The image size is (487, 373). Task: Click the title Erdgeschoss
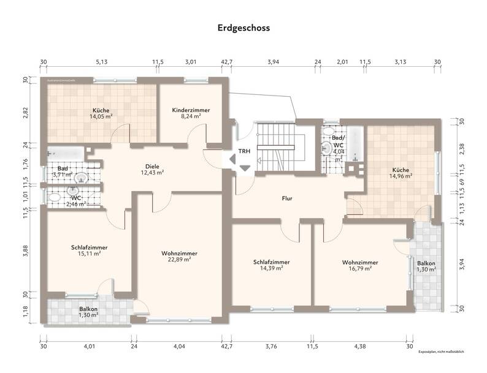(243, 28)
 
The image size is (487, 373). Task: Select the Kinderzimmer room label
(191, 110)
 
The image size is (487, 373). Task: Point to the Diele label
(152, 166)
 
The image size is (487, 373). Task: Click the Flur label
(286, 198)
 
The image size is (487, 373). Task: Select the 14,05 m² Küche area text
(101, 116)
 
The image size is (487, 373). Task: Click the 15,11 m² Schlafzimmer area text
(89, 254)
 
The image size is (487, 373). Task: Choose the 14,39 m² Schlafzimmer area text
(271, 268)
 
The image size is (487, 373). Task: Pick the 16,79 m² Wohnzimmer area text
(360, 268)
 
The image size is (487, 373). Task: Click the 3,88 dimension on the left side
(25, 252)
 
